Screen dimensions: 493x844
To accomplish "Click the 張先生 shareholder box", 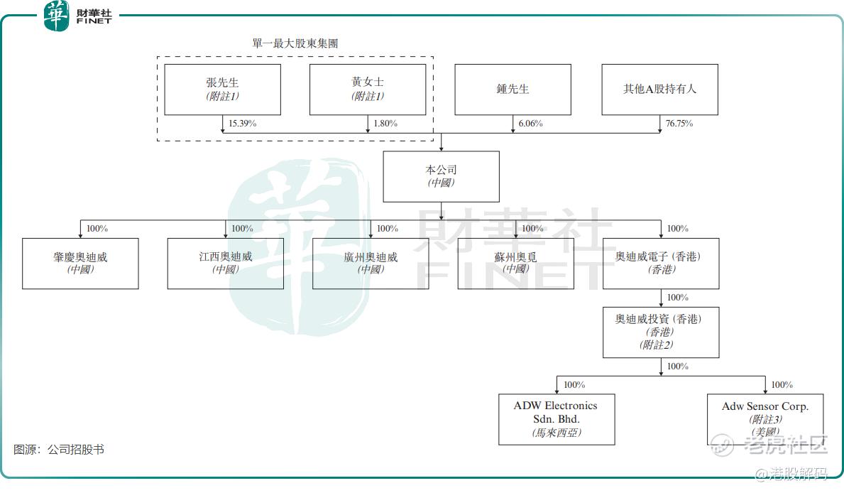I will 222,90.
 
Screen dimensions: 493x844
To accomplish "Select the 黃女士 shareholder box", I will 368,90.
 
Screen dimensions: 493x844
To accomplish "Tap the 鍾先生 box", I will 513,90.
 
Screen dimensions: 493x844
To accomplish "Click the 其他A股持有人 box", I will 659,90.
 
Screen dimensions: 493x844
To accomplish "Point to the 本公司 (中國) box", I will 441,176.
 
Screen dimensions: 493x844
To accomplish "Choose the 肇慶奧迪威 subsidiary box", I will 80,263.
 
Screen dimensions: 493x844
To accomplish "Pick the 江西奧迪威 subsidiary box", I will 225,263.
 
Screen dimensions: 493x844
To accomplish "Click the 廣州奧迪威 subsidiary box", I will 371,263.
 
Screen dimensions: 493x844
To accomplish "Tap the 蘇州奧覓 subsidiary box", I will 515,263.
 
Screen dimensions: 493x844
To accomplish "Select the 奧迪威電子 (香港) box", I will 661,263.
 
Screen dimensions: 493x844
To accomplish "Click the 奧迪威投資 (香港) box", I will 661,332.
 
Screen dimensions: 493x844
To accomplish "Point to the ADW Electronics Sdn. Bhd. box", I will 557,419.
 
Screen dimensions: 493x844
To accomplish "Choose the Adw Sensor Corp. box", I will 765,419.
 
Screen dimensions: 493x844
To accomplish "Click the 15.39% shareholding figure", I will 242,124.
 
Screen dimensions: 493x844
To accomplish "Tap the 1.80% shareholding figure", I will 385,124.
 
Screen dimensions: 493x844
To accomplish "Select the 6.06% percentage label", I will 530,124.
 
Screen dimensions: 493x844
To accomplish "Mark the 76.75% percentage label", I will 679,124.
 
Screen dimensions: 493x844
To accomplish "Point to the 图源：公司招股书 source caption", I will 59,450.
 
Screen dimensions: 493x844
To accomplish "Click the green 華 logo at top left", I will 56,16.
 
